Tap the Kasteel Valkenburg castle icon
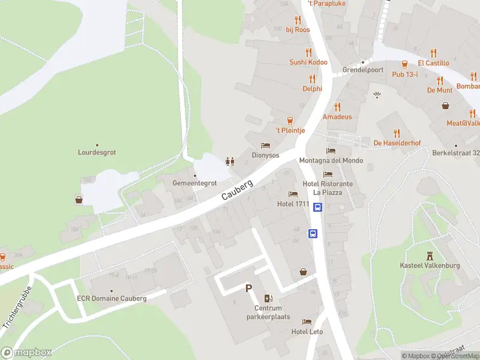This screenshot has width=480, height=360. click(x=429, y=256)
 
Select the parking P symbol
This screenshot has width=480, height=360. click(x=248, y=289)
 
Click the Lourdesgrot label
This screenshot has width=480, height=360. click(x=97, y=152)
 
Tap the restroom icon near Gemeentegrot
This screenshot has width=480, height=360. click(x=229, y=161)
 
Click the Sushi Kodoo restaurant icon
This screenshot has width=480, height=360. click(x=308, y=52)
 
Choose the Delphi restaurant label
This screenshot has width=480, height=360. click(x=312, y=88)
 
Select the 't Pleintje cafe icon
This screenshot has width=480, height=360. click(x=290, y=120)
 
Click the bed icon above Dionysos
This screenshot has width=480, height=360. click(x=265, y=145)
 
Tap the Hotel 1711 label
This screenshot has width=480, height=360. click(x=293, y=204)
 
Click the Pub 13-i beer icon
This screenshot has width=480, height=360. click(x=405, y=64)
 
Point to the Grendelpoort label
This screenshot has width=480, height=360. click(x=362, y=70)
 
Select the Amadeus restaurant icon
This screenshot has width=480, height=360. click(x=337, y=107)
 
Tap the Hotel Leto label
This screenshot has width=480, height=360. click(x=307, y=332)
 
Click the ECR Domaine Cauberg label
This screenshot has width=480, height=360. click(x=111, y=298)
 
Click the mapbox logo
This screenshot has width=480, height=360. click(x=26, y=352)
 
